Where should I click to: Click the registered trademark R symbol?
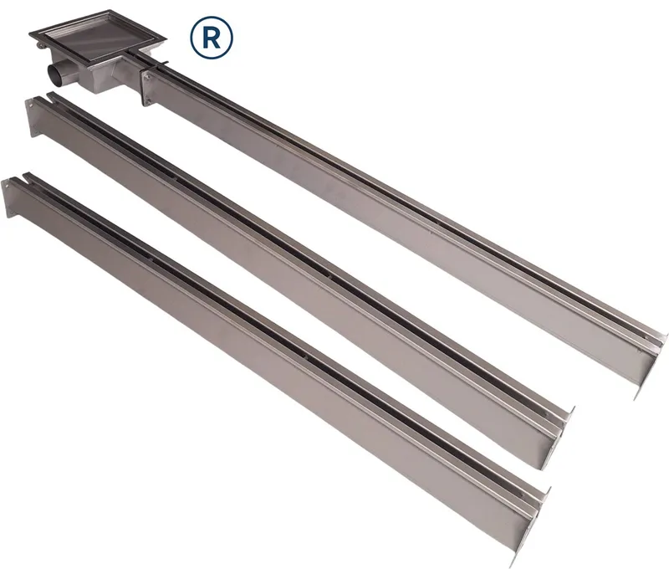(212, 38)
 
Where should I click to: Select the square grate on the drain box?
(98, 39)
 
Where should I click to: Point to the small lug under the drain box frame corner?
(39, 45)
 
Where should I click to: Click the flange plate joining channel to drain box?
(146, 89)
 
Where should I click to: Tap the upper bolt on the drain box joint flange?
(147, 77)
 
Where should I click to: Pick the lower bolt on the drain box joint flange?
(146, 100)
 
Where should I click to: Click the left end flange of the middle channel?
(31, 118)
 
